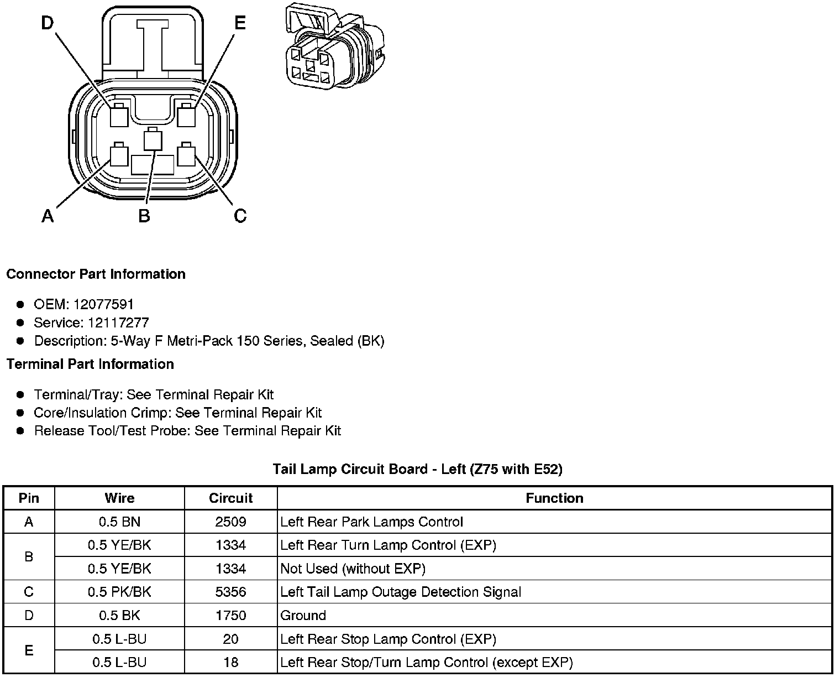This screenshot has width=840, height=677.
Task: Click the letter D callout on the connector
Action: [48, 24]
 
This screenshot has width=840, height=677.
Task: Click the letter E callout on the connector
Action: [239, 24]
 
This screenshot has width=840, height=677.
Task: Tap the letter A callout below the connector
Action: [48, 215]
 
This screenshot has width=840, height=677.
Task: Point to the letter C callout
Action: [240, 215]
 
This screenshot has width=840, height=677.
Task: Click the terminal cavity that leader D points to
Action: [119, 116]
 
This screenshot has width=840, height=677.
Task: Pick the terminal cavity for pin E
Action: [187, 116]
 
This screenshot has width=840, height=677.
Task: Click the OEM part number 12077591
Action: [103, 304]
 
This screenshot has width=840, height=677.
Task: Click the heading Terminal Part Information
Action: [90, 364]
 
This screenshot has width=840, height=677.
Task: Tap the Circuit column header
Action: [230, 498]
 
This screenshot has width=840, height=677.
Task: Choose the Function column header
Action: [554, 498]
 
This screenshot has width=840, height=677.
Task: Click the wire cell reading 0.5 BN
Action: [119, 522]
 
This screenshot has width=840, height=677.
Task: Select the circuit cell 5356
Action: [230, 592]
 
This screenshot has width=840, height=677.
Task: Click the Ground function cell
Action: [303, 615]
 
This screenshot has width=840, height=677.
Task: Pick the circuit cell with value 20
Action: [230, 639]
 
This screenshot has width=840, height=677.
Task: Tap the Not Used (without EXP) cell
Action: [353, 569]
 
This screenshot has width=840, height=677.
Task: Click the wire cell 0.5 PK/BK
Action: [119, 592]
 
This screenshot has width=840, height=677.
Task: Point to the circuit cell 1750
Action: [230, 615]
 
